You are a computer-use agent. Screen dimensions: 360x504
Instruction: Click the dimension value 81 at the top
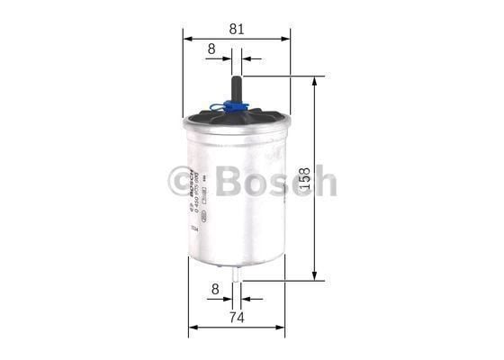click(237, 28)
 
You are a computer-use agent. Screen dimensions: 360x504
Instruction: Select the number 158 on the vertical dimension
click(328, 180)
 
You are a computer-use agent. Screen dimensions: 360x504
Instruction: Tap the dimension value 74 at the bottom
click(236, 316)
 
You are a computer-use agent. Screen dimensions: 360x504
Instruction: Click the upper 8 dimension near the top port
click(211, 49)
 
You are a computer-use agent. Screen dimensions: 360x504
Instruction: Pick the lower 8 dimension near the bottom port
click(214, 290)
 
